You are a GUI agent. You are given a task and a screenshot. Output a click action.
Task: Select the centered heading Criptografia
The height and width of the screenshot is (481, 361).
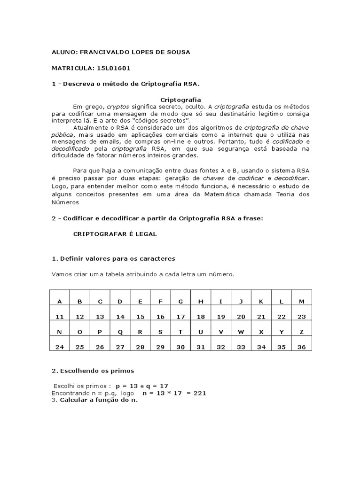pyautogui.click(x=181, y=100)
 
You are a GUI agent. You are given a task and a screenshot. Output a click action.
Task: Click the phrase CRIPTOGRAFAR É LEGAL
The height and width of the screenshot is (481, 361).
pyautogui.click(x=115, y=233)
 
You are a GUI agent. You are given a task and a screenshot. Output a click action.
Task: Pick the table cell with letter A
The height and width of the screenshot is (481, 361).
pyautogui.click(x=59, y=302)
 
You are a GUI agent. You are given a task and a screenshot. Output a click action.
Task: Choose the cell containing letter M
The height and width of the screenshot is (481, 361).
pyautogui.click(x=302, y=302)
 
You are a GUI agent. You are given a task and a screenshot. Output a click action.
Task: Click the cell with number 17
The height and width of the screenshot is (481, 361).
pyautogui.click(x=180, y=317)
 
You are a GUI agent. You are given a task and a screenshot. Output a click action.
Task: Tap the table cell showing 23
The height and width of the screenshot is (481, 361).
pyautogui.click(x=302, y=317)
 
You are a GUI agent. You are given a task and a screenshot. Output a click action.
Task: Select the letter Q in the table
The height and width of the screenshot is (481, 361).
pyautogui.click(x=120, y=332)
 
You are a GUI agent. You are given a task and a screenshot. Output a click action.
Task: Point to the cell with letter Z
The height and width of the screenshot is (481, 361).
pyautogui.click(x=302, y=332)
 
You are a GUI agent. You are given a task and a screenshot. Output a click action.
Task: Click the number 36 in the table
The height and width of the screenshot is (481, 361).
pyautogui.click(x=302, y=347)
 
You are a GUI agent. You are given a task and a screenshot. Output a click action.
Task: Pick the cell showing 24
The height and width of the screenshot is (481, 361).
pyautogui.click(x=59, y=347)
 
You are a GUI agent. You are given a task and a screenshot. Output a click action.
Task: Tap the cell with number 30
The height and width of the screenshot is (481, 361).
pyautogui.click(x=180, y=347)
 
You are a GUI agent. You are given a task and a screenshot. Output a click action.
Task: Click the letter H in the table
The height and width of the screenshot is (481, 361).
pyautogui.click(x=201, y=302)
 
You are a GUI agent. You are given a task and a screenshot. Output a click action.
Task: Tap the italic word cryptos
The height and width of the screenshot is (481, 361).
pyautogui.click(x=118, y=106)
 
